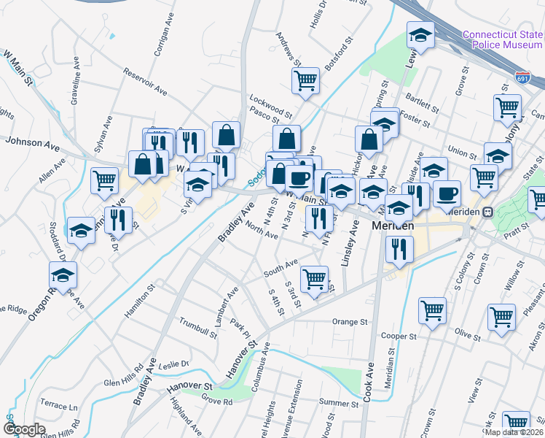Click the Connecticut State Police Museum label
(x=502, y=39)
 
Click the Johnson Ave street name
(x=31, y=144)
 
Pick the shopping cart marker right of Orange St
(x=432, y=311)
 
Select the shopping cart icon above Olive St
(x=501, y=318)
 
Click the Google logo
(x=24, y=429)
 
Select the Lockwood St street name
(x=270, y=104)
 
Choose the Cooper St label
(x=398, y=337)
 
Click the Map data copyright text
(x=514, y=432)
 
